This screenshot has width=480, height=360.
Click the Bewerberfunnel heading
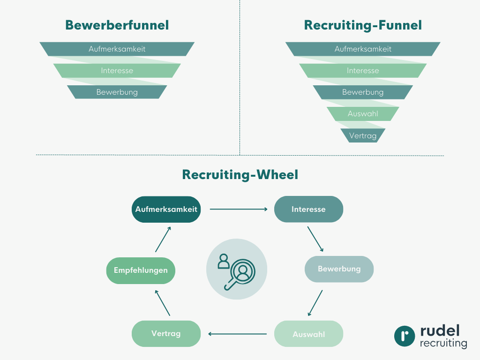tap(117, 25)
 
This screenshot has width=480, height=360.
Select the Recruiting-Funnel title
tap(363, 25)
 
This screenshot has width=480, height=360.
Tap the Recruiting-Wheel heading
tap(240, 175)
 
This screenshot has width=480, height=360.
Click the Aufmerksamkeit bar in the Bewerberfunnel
tap(117, 49)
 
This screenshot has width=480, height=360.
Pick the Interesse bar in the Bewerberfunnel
tap(117, 70)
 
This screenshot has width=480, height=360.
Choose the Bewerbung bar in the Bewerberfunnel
tap(117, 92)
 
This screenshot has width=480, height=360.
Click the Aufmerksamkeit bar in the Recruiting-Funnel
tap(363, 49)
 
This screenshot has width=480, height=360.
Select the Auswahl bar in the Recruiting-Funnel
tap(363, 113)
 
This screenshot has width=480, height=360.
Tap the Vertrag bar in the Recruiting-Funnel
tap(363, 135)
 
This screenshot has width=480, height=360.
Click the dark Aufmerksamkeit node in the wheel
tap(166, 209)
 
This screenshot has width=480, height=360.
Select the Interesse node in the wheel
tap(308, 209)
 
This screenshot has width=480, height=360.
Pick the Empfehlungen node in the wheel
tap(141, 270)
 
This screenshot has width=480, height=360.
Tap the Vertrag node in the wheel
tap(166, 334)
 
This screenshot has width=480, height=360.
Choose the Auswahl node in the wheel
tap(308, 334)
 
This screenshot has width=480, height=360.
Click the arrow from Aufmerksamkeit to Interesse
tap(238, 209)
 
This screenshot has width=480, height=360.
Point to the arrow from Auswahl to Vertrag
tap(237, 334)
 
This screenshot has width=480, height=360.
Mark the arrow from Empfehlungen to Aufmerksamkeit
tap(163, 239)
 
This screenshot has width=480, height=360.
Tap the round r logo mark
tap(405, 336)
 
